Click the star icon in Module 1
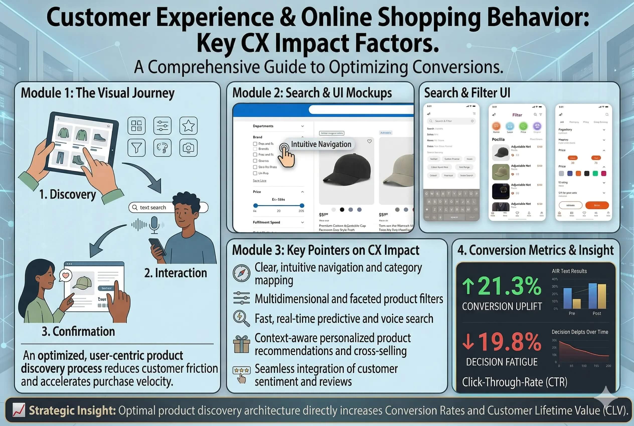pyautogui.click(x=188, y=126)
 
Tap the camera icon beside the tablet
pyautogui.click(x=188, y=147)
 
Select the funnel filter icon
pyautogui.click(x=136, y=147)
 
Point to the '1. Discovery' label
pyautogui.click(x=67, y=194)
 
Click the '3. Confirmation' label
pyautogui.click(x=78, y=332)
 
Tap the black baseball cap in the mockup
pyautogui.click(x=346, y=170)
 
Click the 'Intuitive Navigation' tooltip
pyautogui.click(x=321, y=144)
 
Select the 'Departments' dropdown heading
pyautogui.click(x=263, y=126)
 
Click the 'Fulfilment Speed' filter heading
pyautogui.click(x=266, y=222)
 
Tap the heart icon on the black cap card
pyautogui.click(x=369, y=141)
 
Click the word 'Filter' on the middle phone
pyautogui.click(x=517, y=115)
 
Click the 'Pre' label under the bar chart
pyautogui.click(x=572, y=313)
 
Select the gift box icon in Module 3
pyautogui.click(x=242, y=344)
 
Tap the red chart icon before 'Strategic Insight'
pyautogui.click(x=19, y=410)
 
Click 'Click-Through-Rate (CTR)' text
pyautogui.click(x=515, y=382)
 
